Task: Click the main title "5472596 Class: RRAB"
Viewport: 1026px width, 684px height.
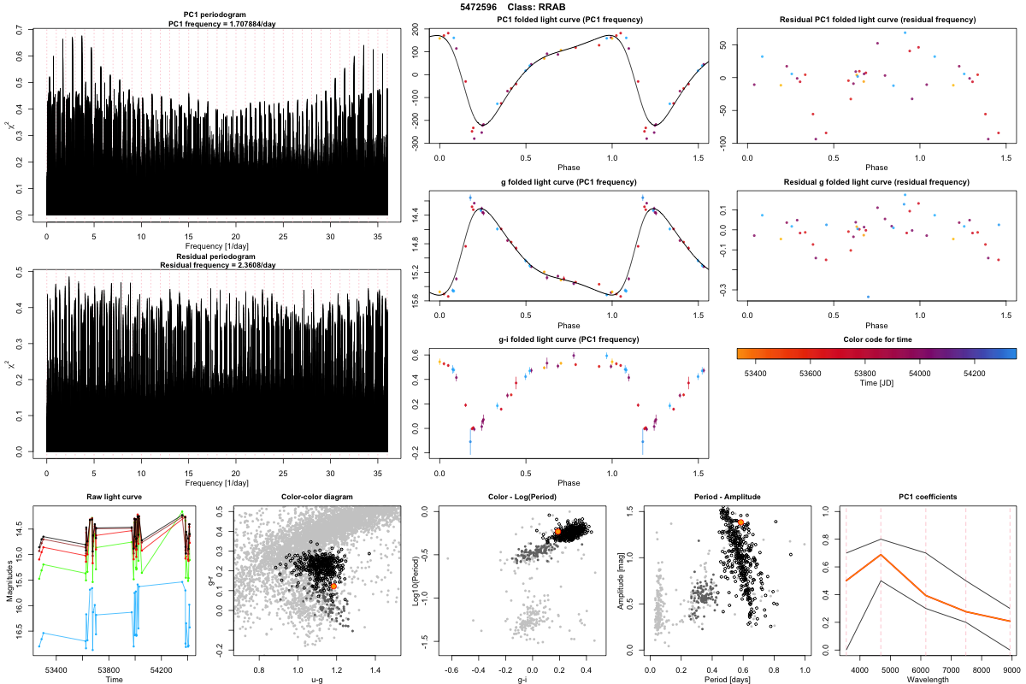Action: tap(512, 7)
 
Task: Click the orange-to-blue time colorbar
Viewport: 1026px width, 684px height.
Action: tap(876, 352)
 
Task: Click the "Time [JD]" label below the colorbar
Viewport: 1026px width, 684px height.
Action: tap(876, 384)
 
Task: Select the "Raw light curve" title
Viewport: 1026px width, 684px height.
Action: tap(114, 498)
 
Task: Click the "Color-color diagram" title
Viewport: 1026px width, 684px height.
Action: tap(316, 498)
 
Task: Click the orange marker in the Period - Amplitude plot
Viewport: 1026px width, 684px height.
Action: tap(740, 522)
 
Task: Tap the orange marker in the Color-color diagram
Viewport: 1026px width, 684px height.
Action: tap(333, 587)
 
